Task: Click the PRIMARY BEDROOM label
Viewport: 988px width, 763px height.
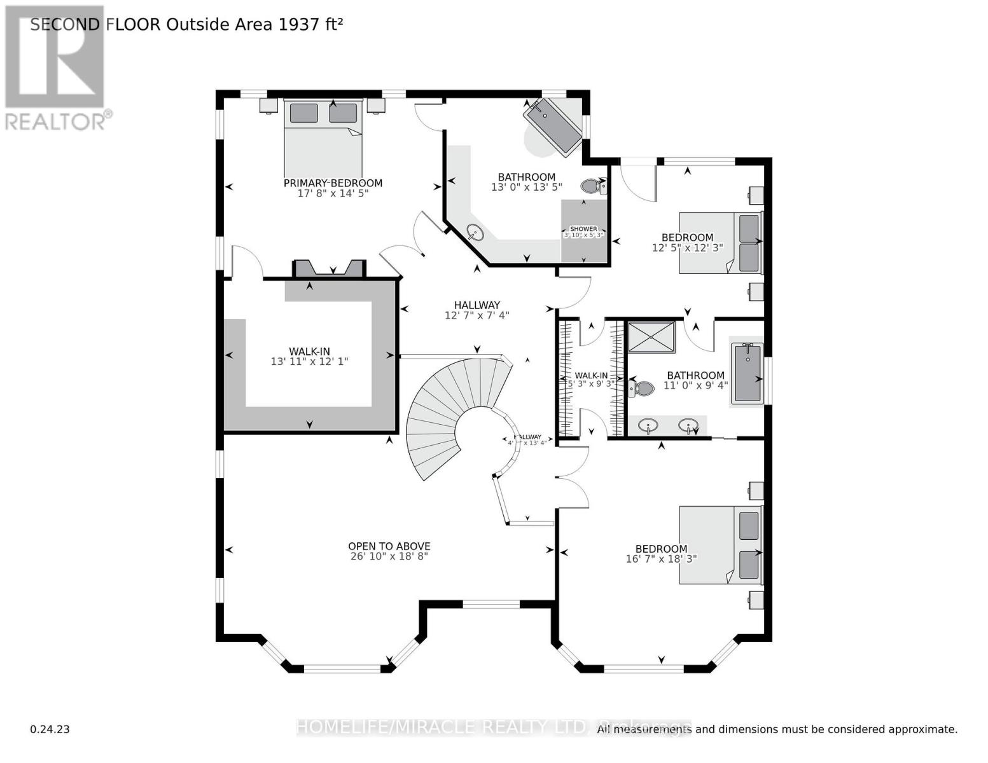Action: [x=333, y=183]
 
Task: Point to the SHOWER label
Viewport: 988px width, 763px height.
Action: [x=583, y=229]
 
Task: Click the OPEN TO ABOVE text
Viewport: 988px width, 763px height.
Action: [x=389, y=546]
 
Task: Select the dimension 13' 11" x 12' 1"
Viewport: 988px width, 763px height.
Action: [x=309, y=362]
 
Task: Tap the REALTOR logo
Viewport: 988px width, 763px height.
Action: [x=55, y=67]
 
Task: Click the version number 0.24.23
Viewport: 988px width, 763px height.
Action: [x=50, y=729]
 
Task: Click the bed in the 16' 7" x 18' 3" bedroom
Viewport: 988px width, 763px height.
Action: [x=720, y=545]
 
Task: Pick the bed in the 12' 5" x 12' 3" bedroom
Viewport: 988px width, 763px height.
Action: [x=720, y=243]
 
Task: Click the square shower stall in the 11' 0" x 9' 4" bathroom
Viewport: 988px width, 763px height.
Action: [x=651, y=336]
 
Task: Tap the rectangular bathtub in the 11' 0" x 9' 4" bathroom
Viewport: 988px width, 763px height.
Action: [x=747, y=373]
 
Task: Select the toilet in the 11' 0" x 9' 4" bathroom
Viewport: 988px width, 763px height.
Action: [x=641, y=388]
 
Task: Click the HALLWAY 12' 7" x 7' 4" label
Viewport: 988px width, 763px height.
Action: [x=477, y=310]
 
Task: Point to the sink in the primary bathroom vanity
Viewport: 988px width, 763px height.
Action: [x=475, y=232]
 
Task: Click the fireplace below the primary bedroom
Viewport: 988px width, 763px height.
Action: [x=329, y=269]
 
